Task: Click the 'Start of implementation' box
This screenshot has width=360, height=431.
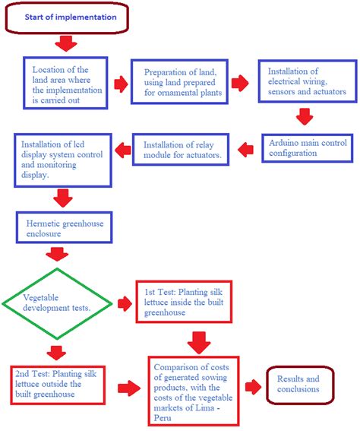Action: pyautogui.click(x=66, y=17)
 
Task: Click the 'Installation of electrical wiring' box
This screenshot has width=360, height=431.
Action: pyautogui.click(x=307, y=81)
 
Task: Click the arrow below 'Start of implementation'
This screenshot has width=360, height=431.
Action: pyautogui.click(x=66, y=44)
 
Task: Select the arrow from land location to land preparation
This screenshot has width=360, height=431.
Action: pyautogui.click(x=120, y=83)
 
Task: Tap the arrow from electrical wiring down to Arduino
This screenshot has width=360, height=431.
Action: pyautogui.click(x=305, y=116)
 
